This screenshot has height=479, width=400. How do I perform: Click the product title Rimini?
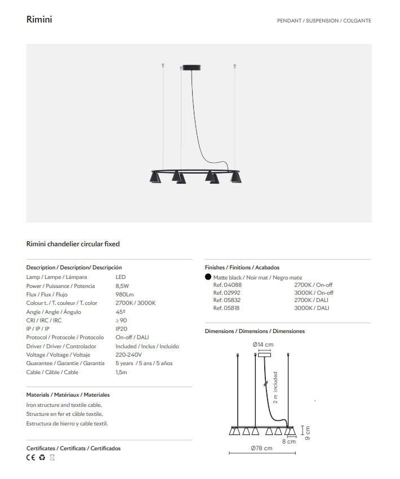coord(39,20)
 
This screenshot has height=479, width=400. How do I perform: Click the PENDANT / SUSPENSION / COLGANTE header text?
coord(324,21)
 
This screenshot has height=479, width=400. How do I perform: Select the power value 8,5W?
coord(122,286)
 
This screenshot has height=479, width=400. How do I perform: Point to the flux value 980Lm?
coord(125,294)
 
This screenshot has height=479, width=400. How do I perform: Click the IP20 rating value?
coord(122,329)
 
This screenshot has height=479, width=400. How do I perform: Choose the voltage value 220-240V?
coord(128,355)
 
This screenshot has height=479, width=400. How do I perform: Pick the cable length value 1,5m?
coord(122,372)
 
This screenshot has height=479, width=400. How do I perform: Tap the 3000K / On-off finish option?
coord(314,292)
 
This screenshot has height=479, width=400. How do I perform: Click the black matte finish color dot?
coord(208,277)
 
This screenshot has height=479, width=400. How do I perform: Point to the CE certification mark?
coord(31,458)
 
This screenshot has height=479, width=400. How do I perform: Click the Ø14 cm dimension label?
coord(263,344)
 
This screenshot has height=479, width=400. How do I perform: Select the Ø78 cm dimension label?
coord(261,448)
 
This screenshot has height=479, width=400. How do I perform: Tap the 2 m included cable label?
coord(275,388)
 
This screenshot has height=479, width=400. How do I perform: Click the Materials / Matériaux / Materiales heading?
coord(68,395)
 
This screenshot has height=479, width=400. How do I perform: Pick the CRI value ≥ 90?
coord(121,320)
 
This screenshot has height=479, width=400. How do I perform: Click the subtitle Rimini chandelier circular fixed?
coord(73,244)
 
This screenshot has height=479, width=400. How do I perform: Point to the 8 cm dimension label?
coord(288,441)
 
